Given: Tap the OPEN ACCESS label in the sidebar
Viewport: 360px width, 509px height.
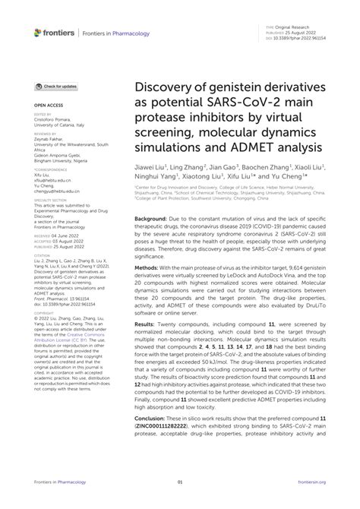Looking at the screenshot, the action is coord(46,108).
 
